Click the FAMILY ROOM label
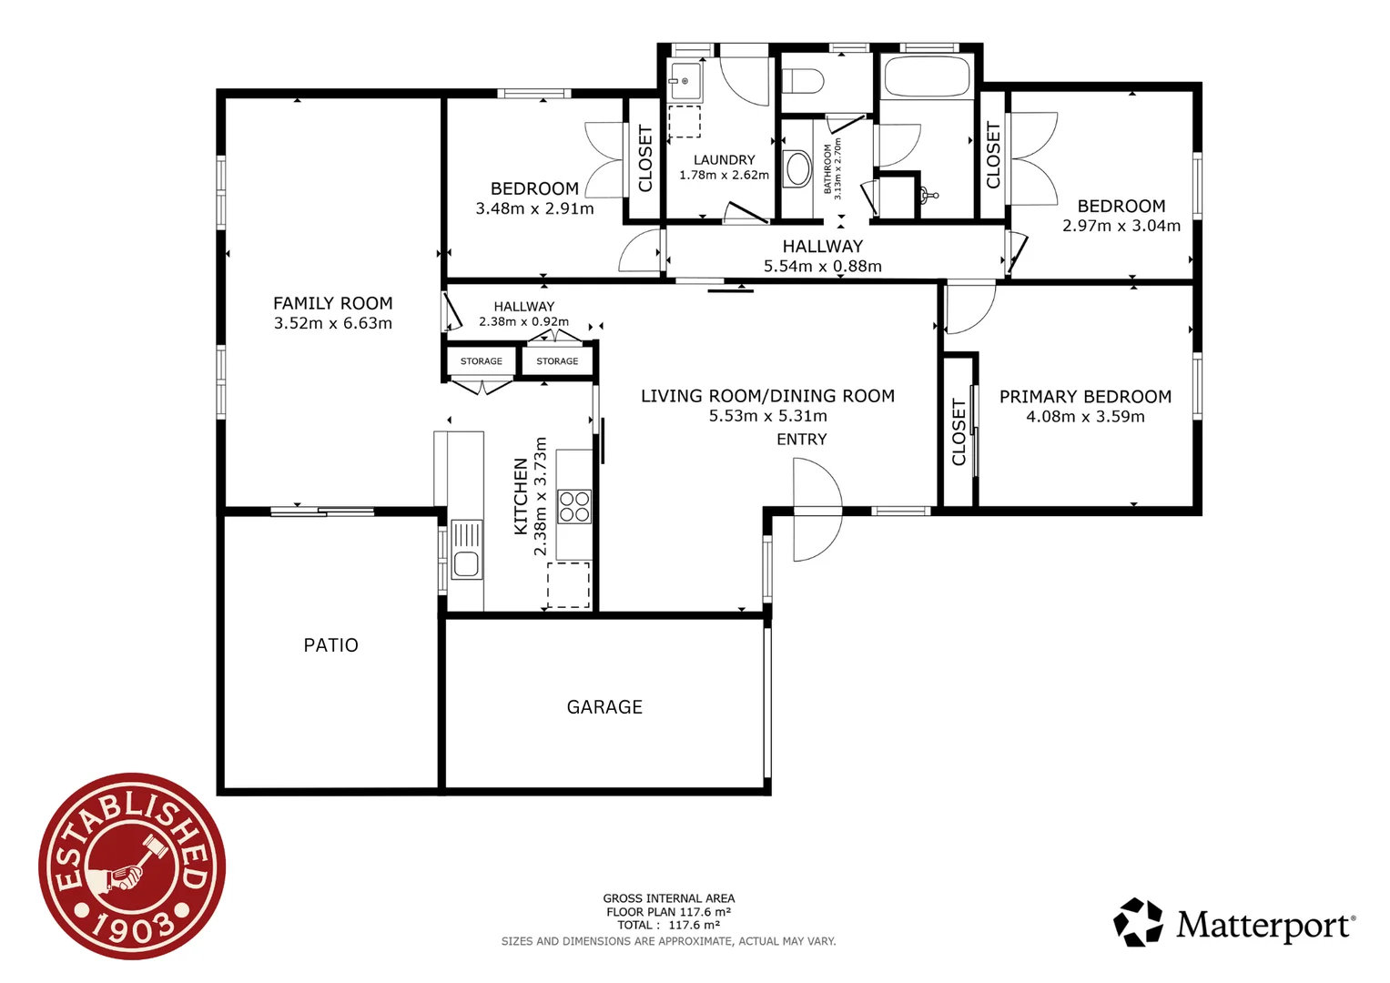332,303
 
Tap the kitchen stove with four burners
574,506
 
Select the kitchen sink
466,551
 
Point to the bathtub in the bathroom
927,76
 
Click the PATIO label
330,645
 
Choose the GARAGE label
604,707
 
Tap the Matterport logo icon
1138,922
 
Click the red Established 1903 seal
132,866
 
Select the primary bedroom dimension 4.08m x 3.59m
1085,417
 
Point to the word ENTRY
801,440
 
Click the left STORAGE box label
481,361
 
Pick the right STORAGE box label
557,361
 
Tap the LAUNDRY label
724,159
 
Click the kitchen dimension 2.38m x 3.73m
541,496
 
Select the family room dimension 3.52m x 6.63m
332,323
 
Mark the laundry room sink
684,81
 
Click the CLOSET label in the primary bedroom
959,432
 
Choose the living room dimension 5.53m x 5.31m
767,416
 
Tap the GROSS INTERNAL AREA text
668,898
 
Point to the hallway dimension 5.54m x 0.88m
822,267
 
